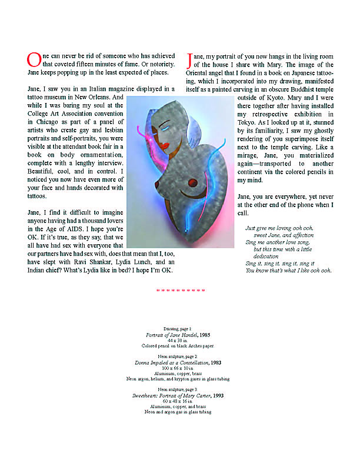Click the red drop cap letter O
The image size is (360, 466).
(x=34, y=59)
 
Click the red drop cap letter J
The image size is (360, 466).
(x=189, y=59)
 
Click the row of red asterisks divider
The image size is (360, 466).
(x=181, y=290)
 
